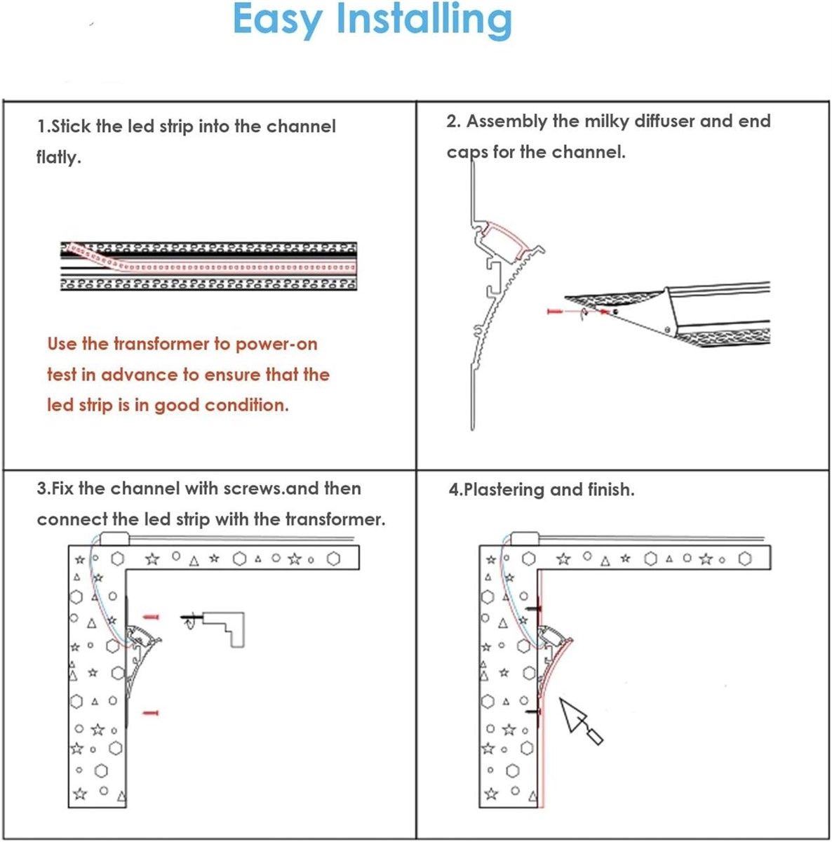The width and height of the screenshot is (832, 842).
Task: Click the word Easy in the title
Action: click(278, 21)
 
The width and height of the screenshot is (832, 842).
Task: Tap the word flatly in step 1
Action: click(58, 156)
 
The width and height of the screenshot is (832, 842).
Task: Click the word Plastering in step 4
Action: click(504, 490)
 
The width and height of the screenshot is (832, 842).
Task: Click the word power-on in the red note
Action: click(276, 345)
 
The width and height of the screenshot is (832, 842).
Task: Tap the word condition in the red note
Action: click(247, 406)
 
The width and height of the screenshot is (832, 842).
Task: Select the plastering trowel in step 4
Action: click(580, 721)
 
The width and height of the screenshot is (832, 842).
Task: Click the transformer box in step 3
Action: click(114, 538)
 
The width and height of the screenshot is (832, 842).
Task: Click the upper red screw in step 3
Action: click(152, 617)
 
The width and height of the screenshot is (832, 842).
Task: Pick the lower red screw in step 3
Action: click(151, 713)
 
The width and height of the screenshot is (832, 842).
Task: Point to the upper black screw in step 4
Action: click(534, 608)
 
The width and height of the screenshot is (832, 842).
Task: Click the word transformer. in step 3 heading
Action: click(335, 519)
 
